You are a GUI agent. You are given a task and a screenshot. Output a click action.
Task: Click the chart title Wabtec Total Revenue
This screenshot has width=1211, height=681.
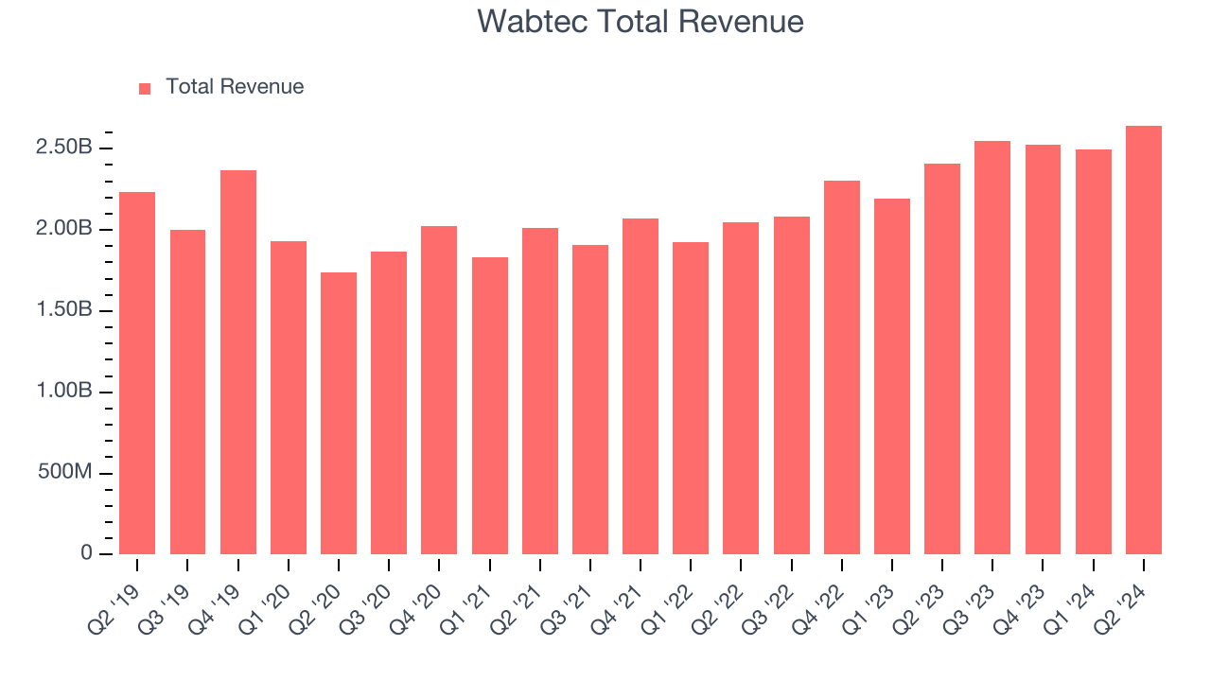[641, 21]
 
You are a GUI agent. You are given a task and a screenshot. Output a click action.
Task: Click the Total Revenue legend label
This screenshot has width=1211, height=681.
[235, 87]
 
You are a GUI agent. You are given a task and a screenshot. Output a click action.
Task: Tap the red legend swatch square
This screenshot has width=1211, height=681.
[145, 88]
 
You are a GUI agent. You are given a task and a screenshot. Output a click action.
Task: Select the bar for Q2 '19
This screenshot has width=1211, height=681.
[137, 374]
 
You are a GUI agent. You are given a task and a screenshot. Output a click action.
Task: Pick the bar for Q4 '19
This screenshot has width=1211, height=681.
[238, 362]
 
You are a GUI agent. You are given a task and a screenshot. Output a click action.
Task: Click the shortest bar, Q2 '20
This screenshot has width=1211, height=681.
[339, 413]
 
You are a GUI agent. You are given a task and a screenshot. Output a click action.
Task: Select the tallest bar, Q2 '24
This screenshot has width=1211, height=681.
[1144, 340]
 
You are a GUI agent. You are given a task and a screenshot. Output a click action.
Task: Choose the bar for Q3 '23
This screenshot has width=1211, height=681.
[992, 348]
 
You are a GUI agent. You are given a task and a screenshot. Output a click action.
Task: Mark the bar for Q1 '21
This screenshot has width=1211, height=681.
[490, 406]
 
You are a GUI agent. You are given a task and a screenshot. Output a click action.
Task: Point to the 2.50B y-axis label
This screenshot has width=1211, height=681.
[64, 148]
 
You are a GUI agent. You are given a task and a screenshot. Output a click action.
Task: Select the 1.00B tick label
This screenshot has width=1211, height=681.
[64, 392]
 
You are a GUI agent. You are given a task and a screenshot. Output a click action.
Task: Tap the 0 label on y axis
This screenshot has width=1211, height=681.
[87, 553]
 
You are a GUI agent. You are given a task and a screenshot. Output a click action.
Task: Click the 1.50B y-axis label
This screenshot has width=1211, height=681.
[64, 310]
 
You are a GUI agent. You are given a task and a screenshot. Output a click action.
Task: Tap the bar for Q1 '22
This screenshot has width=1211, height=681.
[691, 398]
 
